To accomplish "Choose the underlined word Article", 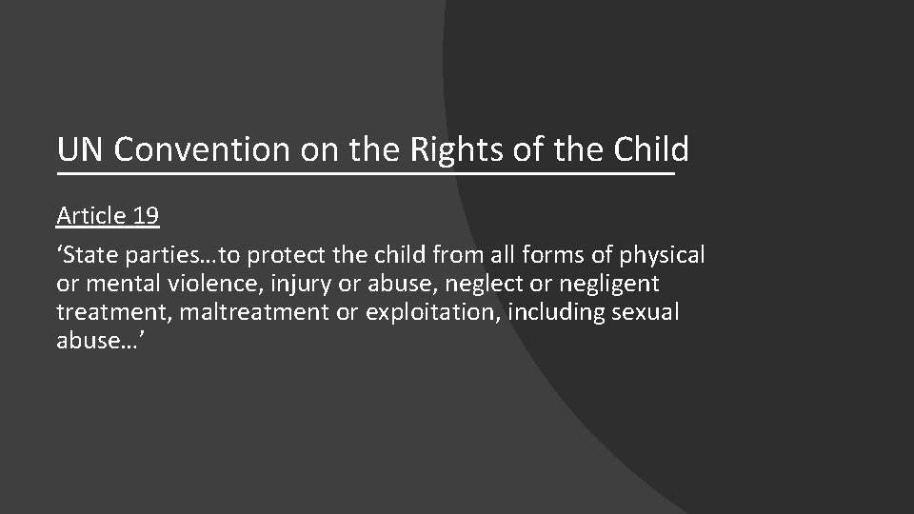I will click(91, 216).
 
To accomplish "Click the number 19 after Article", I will click(146, 216).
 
